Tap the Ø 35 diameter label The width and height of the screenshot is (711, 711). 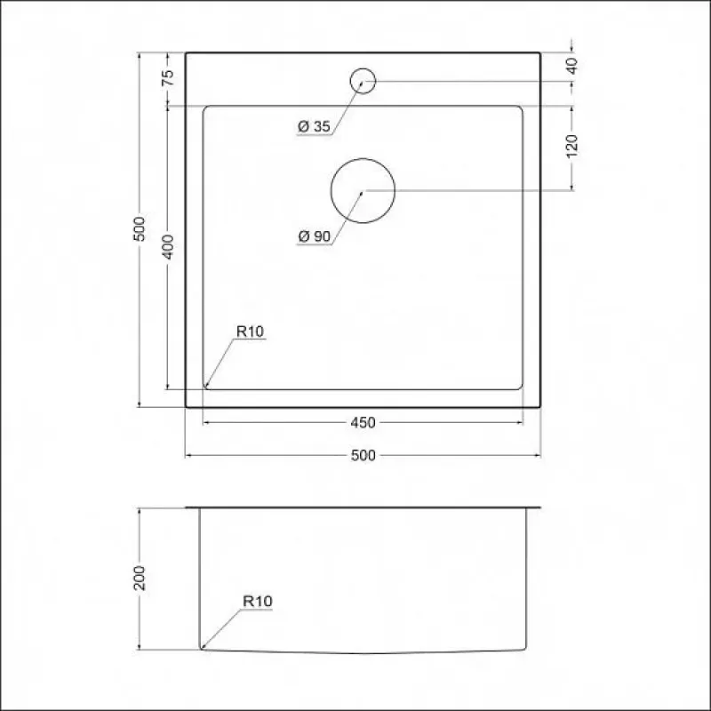point(315,126)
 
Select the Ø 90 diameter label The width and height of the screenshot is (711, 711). point(315,236)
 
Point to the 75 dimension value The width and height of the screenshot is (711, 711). point(168,77)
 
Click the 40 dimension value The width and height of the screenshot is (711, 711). point(572,66)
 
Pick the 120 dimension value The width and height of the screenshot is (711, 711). point(572,146)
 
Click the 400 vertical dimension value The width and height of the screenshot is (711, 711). point(168,247)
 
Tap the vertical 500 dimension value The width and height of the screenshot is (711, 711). point(140,229)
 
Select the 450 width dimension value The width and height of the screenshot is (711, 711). point(363,423)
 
